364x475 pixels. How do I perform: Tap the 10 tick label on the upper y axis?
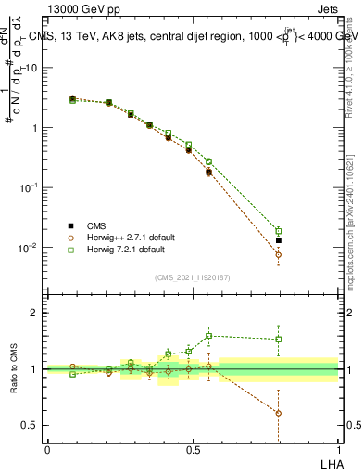coord(31,68)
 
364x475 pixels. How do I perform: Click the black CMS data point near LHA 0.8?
coord(279,240)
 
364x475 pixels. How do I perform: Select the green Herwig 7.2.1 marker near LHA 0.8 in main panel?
coord(279,231)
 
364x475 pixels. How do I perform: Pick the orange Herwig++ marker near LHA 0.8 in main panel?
coord(279,254)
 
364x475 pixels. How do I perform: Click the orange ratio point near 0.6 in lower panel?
coord(279,413)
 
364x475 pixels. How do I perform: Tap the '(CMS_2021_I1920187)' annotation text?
coord(192,276)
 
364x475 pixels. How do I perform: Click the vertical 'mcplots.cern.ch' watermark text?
coord(349,232)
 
